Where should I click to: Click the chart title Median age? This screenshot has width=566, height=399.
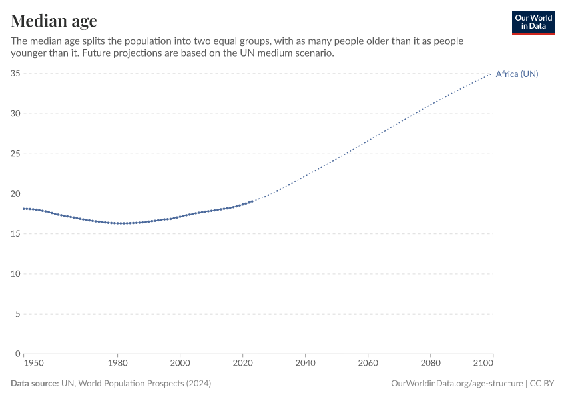pyautogui.click(x=53, y=21)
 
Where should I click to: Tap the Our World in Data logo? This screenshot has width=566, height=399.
pyautogui.click(x=533, y=22)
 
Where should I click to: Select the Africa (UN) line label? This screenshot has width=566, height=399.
pyautogui.click(x=517, y=74)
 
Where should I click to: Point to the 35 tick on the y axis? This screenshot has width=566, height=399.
pyautogui.click(x=15, y=74)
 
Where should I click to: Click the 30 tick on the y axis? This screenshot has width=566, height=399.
pyautogui.click(x=15, y=114)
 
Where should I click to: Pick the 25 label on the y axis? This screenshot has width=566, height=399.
pyautogui.click(x=15, y=154)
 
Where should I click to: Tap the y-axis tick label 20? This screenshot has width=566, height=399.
pyautogui.click(x=15, y=194)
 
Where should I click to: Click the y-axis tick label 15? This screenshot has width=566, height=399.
pyautogui.click(x=15, y=234)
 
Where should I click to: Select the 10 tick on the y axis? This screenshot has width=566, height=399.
pyautogui.click(x=15, y=274)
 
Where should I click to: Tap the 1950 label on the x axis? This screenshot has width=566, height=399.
pyautogui.click(x=33, y=364)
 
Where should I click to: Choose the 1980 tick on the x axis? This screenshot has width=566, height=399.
pyautogui.click(x=117, y=364)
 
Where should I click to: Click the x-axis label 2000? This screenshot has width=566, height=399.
pyautogui.click(x=180, y=364)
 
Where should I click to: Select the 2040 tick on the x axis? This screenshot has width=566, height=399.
pyautogui.click(x=305, y=364)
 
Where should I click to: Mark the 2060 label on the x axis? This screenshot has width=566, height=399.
pyautogui.click(x=368, y=364)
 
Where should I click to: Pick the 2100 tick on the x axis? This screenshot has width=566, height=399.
pyautogui.click(x=483, y=364)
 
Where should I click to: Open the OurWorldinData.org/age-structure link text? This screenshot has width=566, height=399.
pyautogui.click(x=456, y=384)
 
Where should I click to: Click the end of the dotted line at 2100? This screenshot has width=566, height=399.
pyautogui.click(x=493, y=73)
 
